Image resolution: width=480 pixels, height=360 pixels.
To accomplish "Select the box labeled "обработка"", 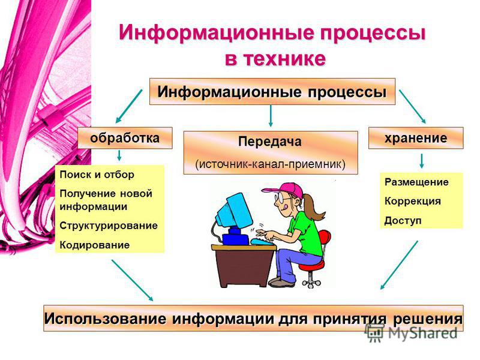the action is click(125, 138).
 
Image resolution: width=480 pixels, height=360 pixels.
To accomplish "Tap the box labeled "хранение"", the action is click(416, 138).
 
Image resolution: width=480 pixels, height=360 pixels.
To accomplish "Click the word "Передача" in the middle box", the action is click(269, 142).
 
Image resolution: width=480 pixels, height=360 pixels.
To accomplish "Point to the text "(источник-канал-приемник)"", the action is click(271, 164).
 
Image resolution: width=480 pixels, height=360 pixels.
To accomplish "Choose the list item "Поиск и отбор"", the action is click(97, 175).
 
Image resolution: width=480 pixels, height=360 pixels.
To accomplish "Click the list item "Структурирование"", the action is click(109, 226).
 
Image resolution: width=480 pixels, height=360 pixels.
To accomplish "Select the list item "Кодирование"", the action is click(95, 245).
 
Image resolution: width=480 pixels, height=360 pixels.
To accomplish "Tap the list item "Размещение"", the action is click(416, 182).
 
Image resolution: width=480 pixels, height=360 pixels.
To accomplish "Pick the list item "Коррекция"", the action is click(413, 201).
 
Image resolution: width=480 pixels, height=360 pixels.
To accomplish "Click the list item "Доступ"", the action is click(403, 220).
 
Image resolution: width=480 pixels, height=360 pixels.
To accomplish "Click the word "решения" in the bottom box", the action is click(428, 319).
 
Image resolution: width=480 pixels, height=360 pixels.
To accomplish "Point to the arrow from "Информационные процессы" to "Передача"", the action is click(271, 116).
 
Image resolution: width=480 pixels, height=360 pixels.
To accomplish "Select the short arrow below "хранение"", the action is click(422, 161).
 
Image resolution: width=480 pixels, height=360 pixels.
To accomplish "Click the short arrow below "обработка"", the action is click(119, 155).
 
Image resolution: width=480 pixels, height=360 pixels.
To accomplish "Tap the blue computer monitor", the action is click(234, 212).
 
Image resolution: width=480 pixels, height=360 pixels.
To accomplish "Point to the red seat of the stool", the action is click(311, 266).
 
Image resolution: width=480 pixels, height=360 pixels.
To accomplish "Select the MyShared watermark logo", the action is click(411, 332).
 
